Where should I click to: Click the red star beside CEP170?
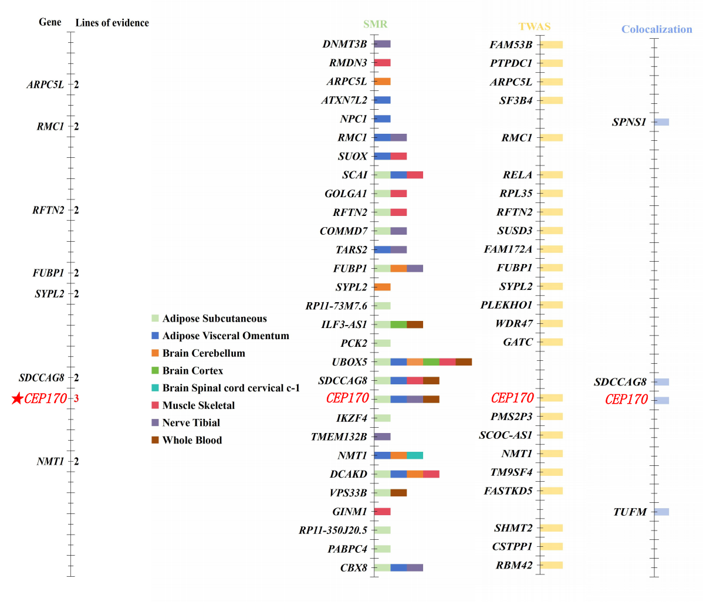pyautogui.click(x=17, y=399)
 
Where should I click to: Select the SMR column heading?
pyautogui.click(x=375, y=24)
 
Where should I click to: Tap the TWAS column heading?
pyautogui.click(x=534, y=26)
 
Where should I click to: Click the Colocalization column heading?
pyautogui.click(x=656, y=29)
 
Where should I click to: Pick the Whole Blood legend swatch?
pyautogui.click(x=156, y=440)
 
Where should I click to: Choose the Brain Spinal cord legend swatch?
pyautogui.click(x=156, y=388)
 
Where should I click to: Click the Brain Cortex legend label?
pyautogui.click(x=192, y=371)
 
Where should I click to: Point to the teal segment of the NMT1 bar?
pyautogui.click(x=415, y=455)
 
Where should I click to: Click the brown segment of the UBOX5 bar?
pyautogui.click(x=464, y=362)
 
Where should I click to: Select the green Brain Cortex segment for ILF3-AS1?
pyautogui.click(x=398, y=324)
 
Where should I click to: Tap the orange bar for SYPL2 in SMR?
pyautogui.click(x=382, y=287)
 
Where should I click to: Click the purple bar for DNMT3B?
pyautogui.click(x=382, y=44)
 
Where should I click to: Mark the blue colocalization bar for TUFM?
pyautogui.click(x=661, y=512)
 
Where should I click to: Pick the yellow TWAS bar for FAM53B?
pyautogui.click(x=551, y=45)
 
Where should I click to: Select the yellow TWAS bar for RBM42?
pyautogui.click(x=551, y=565)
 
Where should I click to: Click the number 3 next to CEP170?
pyautogui.click(x=76, y=399)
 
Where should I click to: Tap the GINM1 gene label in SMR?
pyautogui.click(x=349, y=512)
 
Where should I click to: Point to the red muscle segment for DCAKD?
pyautogui.click(x=431, y=474)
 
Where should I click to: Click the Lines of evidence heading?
pyautogui.click(x=112, y=23)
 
